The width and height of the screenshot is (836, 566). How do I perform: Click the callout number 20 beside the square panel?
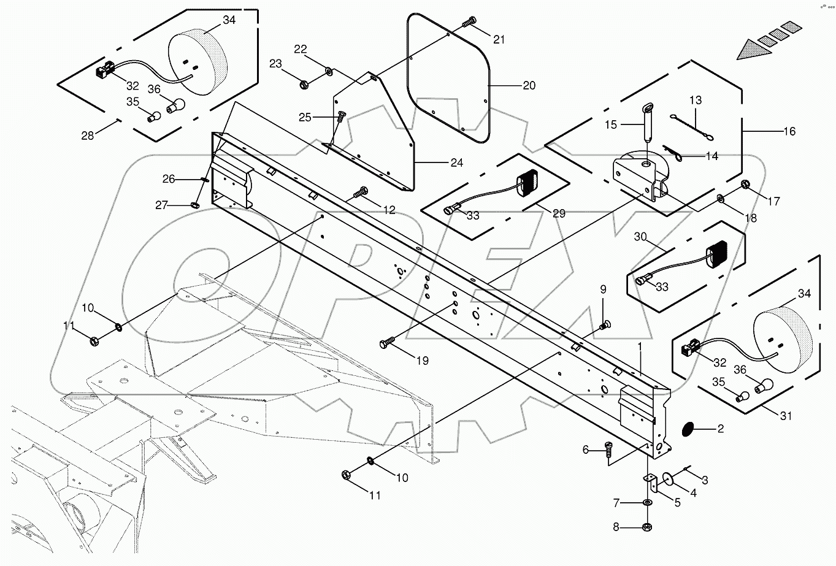point(528,86)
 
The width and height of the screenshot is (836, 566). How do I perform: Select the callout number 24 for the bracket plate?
point(456,163)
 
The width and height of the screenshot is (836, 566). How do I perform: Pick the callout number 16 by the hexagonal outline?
point(789,131)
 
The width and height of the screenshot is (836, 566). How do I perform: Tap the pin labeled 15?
point(646,123)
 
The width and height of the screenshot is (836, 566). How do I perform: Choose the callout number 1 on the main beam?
point(640,347)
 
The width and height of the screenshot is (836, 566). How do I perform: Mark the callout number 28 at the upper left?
point(88,136)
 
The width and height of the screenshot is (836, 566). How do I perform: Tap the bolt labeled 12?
point(361,193)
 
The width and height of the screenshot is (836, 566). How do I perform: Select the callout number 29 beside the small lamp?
point(558,214)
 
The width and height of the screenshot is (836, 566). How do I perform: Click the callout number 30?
point(640,237)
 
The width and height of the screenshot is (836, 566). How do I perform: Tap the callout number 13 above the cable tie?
point(695,100)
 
